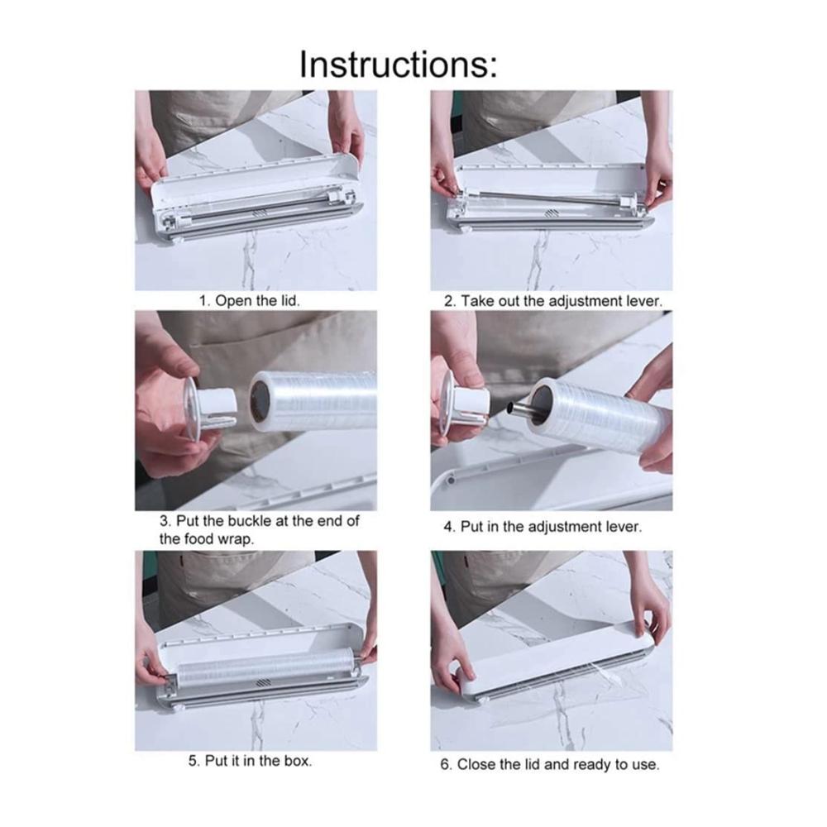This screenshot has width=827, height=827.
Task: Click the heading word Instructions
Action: pyautogui.click(x=399, y=65)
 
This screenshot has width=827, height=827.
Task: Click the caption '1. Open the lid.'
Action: pyautogui.click(x=250, y=301)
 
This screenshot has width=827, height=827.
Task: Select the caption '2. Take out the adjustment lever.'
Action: pyautogui.click(x=552, y=301)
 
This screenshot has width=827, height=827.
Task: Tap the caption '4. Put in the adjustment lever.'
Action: pyautogui.click(x=543, y=526)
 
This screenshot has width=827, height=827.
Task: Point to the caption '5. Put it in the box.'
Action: pyautogui.click(x=250, y=761)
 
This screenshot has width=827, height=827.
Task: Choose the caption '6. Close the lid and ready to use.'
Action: pyautogui.click(x=550, y=764)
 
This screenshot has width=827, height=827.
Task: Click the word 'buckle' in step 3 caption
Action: pyautogui.click(x=250, y=521)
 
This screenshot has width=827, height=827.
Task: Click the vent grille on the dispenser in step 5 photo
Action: pyautogui.click(x=263, y=682)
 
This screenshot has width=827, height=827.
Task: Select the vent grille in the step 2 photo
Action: pyautogui.click(x=552, y=213)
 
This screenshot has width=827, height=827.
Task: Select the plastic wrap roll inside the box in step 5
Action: pyautogui.click(x=266, y=666)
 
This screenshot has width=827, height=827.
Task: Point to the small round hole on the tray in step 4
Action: pyautogui.click(x=450, y=481)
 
